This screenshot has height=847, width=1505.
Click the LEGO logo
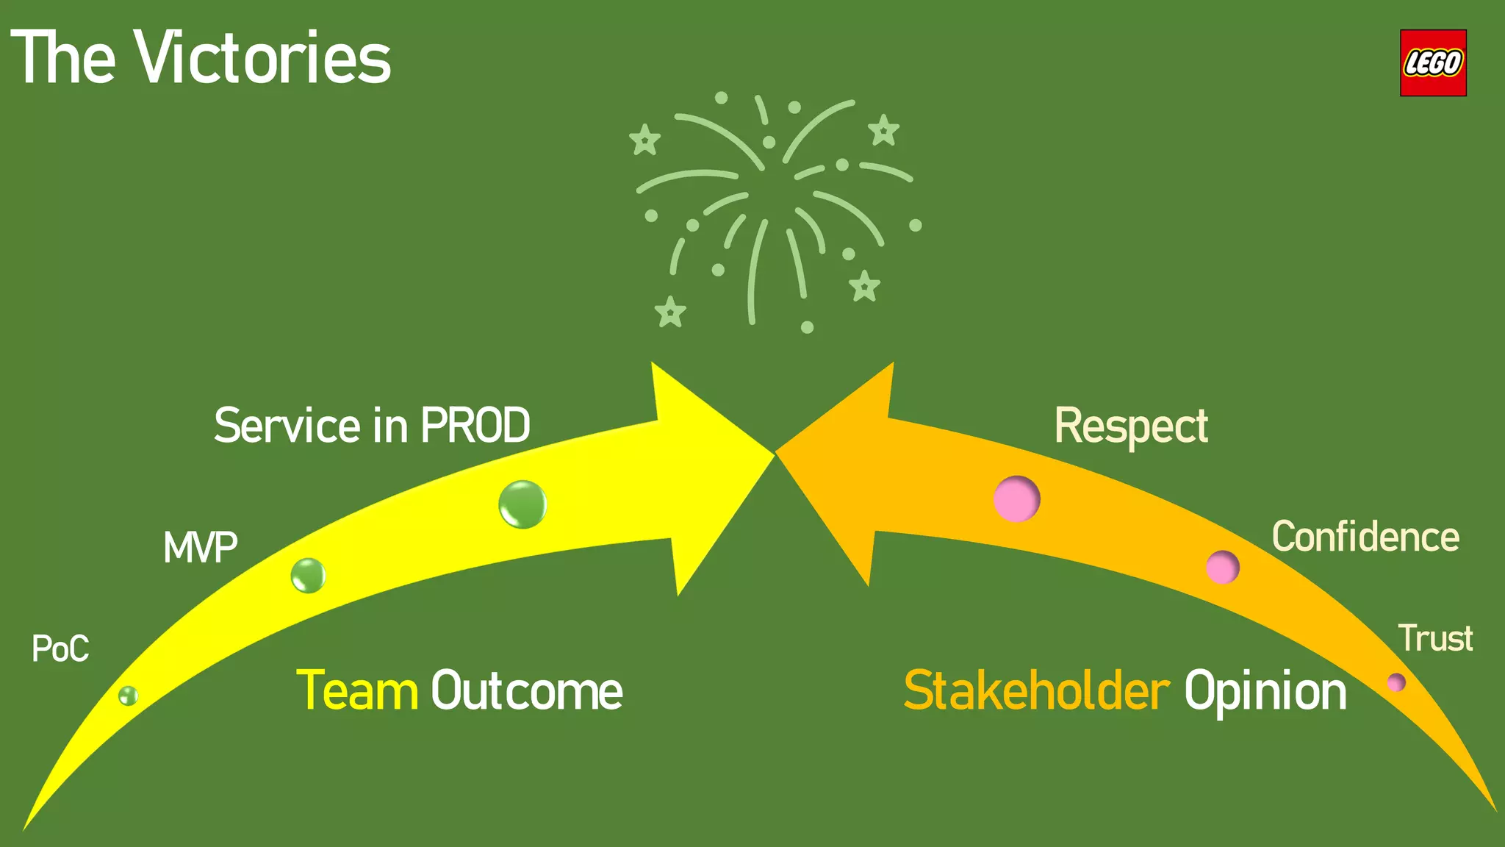pos(1432,63)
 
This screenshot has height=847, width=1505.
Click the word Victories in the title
pos(263,58)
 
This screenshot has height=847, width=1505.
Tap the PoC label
pos(60,648)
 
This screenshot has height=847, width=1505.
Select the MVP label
pos(200,548)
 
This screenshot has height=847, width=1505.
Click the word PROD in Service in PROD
pos(475,425)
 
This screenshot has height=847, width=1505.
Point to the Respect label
pos(1130,426)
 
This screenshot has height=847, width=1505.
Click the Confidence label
pos(1365,537)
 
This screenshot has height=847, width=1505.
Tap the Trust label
pos(1434,638)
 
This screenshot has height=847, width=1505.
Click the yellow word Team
pos(357,691)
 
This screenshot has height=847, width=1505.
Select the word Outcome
pos(526,691)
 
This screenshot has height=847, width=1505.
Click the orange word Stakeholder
pos(1036,691)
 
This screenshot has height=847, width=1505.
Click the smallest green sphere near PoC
pos(128,696)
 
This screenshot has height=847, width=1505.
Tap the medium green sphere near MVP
pos(308,575)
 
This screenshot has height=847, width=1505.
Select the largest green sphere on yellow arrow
pos(522,504)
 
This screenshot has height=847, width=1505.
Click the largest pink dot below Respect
pos(1016,498)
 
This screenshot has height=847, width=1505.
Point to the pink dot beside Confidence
pos(1222,567)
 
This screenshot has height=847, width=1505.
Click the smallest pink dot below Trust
pos(1396,682)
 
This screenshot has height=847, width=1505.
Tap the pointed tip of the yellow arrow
pos(772,453)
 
